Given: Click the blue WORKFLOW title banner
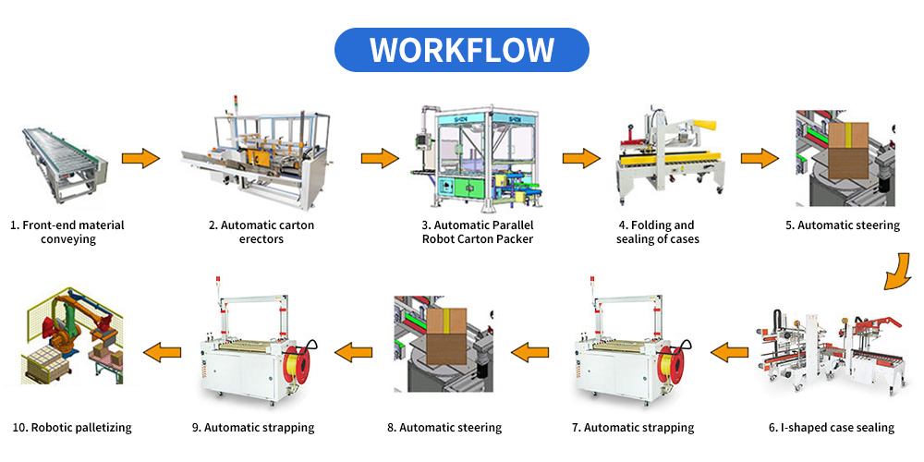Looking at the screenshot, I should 461,50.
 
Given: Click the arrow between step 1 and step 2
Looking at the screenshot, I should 141,158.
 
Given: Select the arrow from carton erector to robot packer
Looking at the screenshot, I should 380,158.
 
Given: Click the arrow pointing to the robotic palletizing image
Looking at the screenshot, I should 159,351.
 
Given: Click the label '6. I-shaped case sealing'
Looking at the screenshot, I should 832,428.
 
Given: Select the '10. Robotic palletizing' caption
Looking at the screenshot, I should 72,428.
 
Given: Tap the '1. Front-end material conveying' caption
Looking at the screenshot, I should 67,232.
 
